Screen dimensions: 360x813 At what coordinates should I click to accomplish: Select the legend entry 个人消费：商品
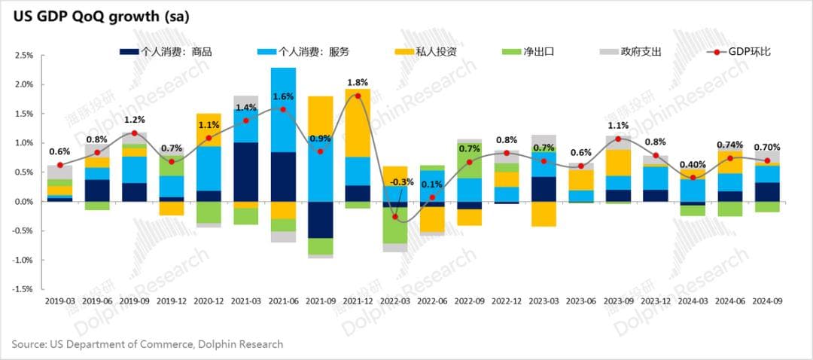click(x=166, y=52)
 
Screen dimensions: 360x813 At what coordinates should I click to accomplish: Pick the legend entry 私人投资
click(x=419, y=52)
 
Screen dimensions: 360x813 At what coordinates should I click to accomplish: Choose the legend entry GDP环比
click(x=738, y=52)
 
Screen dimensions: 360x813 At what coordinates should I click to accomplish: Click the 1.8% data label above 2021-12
click(x=358, y=82)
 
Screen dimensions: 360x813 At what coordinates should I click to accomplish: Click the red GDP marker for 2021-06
click(x=283, y=109)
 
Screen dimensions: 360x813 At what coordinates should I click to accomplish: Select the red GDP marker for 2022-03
click(x=394, y=216)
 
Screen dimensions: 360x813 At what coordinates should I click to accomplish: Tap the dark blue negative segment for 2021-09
click(x=320, y=219)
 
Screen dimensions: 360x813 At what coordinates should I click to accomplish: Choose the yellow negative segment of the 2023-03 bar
click(x=544, y=214)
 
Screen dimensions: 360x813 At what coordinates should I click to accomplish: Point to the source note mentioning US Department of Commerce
click(x=148, y=344)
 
